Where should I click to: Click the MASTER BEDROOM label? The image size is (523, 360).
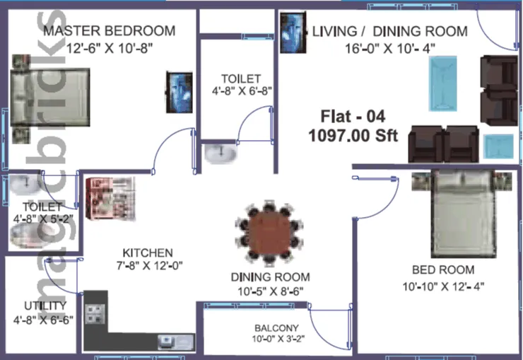[110, 30]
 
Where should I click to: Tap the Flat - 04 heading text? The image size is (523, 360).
[353, 117]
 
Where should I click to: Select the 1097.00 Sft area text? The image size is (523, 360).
[353, 136]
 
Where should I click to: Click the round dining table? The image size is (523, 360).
[269, 233]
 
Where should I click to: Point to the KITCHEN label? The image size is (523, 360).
[148, 252]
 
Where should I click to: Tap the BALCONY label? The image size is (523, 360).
[276, 328]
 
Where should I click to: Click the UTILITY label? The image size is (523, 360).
[45, 306]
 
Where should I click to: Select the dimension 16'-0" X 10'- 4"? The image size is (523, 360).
[390, 49]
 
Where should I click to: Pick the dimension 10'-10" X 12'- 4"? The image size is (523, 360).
[443, 286]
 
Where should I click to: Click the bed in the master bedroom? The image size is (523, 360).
[50, 98]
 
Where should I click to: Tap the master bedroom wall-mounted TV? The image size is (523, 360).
[180, 93]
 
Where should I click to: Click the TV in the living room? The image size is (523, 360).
[293, 33]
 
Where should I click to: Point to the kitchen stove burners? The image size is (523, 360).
[95, 314]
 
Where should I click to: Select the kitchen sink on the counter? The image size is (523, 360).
[176, 342]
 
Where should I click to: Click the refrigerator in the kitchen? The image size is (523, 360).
[110, 198]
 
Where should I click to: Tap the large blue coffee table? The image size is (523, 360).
[442, 83]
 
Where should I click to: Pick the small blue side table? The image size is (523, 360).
[499, 146]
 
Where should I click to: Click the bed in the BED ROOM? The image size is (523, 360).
[462, 214]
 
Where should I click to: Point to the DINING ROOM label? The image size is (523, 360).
[270, 277]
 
